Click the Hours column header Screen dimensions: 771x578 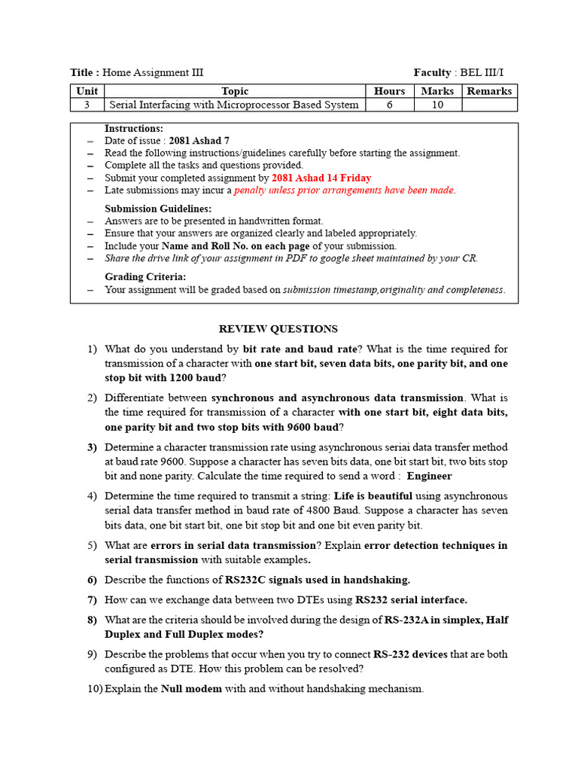tap(389, 91)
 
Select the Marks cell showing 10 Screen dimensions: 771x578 tap(437, 105)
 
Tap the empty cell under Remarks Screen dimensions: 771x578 tap(489, 105)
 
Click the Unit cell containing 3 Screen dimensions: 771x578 tap(87, 105)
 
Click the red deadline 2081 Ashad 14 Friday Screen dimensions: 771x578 tap(321, 178)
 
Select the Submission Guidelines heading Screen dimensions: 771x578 tap(158, 209)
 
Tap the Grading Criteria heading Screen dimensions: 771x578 tap(145, 277)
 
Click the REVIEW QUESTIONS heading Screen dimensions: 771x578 tap(278, 329)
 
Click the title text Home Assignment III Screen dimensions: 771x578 tap(153, 72)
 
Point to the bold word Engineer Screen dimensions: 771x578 tap(429, 476)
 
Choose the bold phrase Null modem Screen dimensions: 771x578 tap(191, 688)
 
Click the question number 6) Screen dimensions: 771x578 tap(93, 580)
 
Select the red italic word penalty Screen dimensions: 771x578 tap(253, 190)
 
